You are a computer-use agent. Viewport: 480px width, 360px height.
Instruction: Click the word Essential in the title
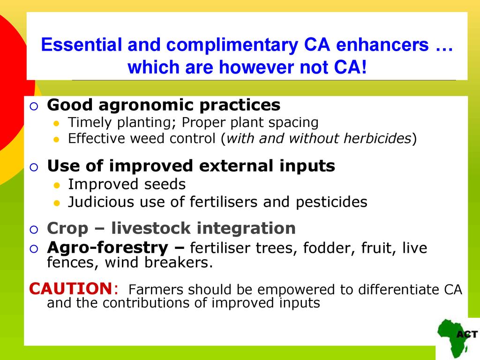click(82, 45)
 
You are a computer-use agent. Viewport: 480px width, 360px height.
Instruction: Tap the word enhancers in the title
click(382, 45)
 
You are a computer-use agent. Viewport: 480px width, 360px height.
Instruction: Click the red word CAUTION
click(71, 288)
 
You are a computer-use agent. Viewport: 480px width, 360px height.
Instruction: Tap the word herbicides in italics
click(377, 138)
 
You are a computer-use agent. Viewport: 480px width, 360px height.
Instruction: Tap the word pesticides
click(331, 202)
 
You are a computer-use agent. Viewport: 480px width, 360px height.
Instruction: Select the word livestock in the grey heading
click(151, 228)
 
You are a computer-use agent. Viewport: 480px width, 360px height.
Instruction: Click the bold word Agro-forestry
click(107, 247)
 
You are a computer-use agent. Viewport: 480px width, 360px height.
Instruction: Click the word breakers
click(179, 262)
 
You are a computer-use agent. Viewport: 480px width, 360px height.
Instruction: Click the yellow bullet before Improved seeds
click(56, 185)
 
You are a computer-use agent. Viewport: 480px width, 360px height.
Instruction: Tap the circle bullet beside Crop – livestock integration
click(34, 229)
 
